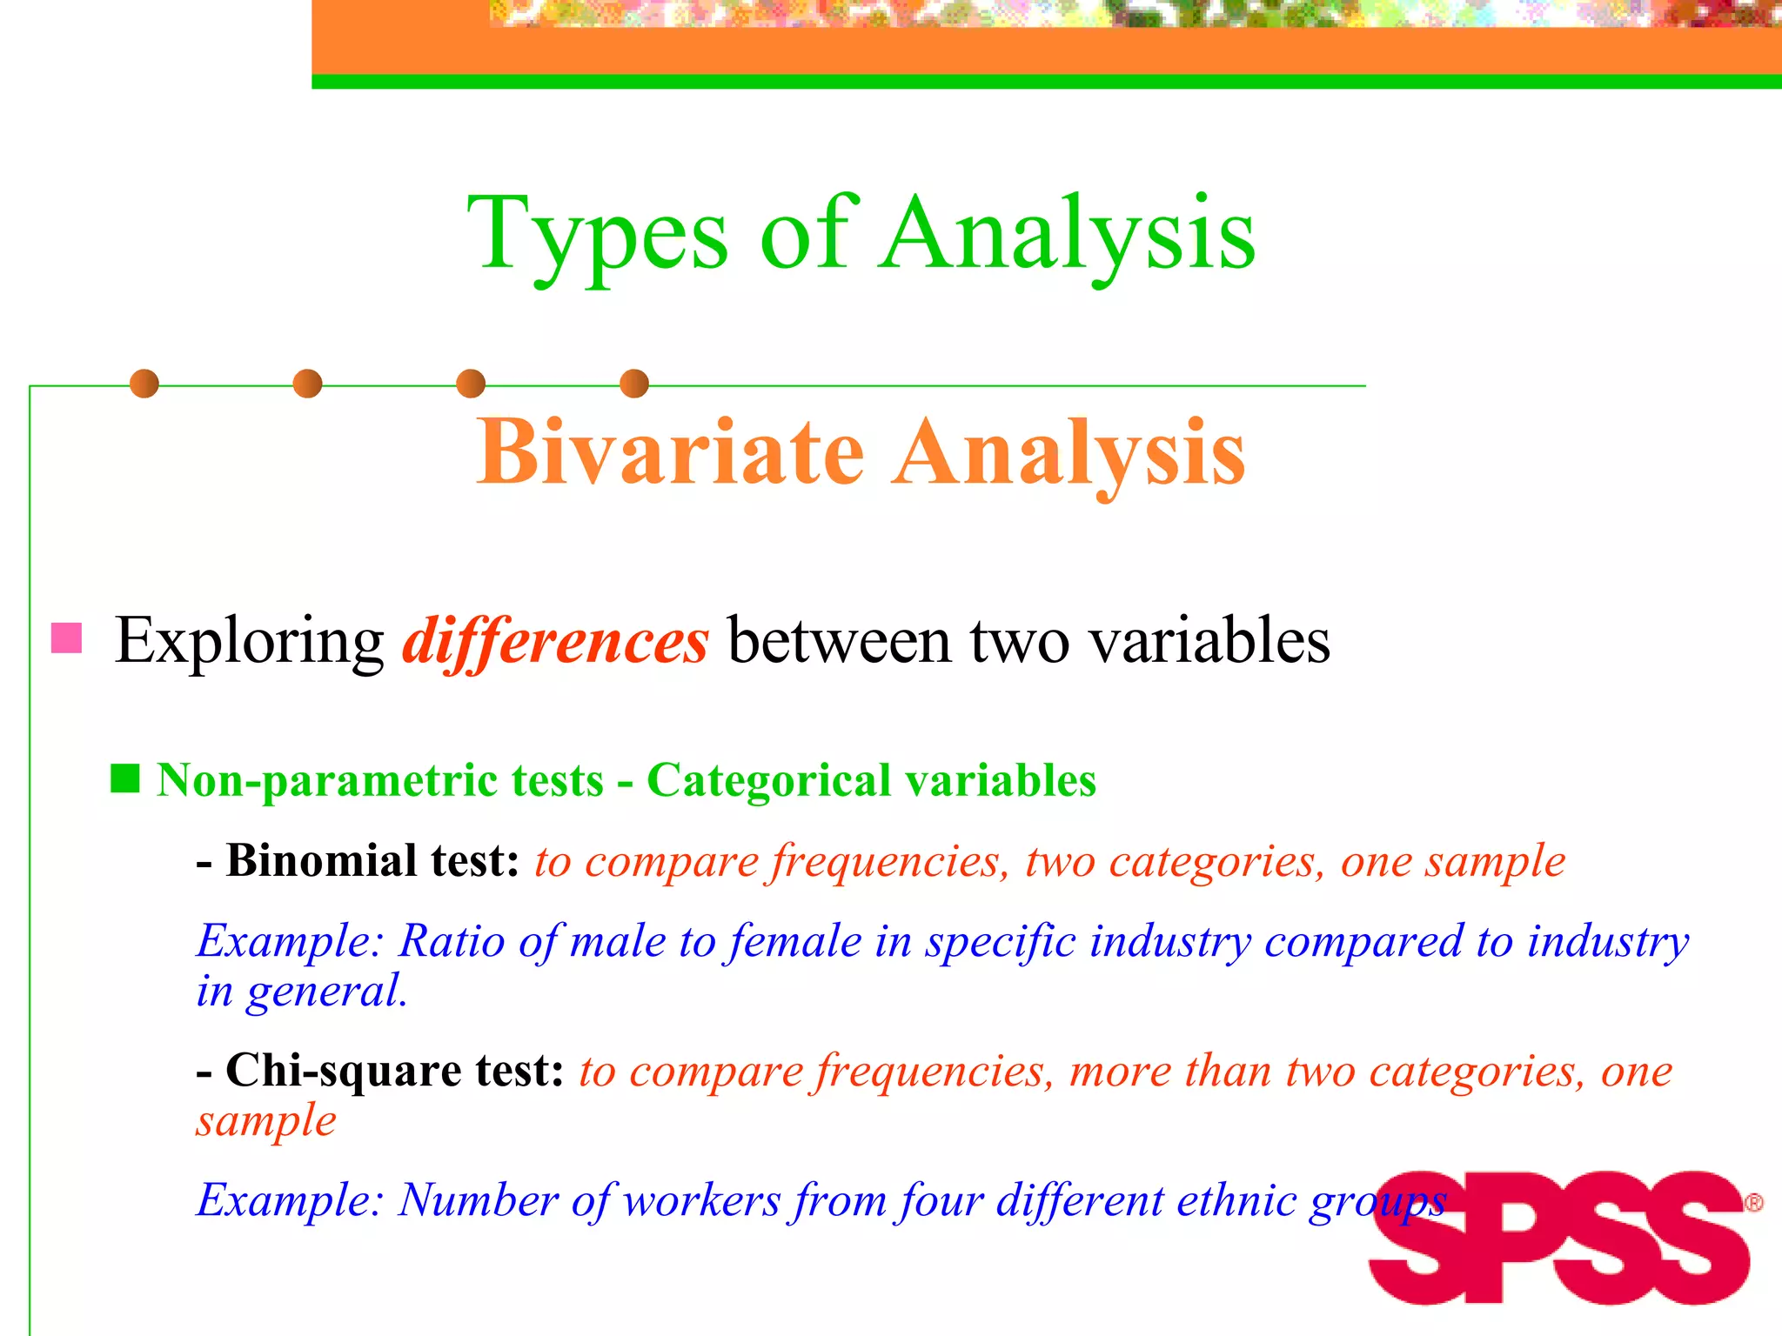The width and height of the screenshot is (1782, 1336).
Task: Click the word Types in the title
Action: pos(597,235)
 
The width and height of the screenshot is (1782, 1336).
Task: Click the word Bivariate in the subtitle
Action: pos(670,452)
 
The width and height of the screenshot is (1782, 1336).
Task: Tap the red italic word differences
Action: pos(555,642)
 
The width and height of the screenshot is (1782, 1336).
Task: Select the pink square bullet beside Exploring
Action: pos(67,638)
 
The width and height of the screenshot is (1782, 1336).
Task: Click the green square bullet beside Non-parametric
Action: pos(125,778)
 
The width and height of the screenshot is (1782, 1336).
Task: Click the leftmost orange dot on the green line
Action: pos(144,384)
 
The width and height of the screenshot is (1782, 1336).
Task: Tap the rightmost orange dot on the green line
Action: pos(634,384)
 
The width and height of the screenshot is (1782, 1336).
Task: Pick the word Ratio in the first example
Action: pos(451,941)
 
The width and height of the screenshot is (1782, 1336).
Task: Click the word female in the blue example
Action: pos(795,941)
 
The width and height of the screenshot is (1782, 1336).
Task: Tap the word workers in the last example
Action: pos(702,1201)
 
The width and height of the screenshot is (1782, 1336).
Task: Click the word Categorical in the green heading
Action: pos(768,780)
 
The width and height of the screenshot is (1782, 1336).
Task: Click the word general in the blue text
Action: pos(325,992)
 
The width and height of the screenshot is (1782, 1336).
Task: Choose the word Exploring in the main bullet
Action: pos(250,642)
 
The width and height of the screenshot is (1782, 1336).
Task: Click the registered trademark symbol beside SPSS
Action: pos(1754,1203)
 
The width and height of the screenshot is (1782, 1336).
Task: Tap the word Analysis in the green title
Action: pos(1068,235)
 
